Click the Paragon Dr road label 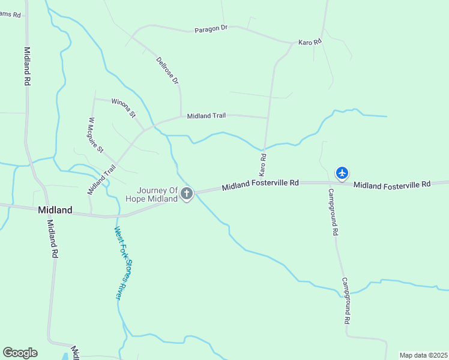pyautogui.click(x=211, y=29)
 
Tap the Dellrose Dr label pyautogui.click(x=167, y=70)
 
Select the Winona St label pyautogui.click(x=124, y=107)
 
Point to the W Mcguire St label pyautogui.click(x=96, y=134)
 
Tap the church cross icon pyautogui.click(x=187, y=193)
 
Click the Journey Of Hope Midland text pyautogui.click(x=152, y=194)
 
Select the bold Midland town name pyautogui.click(x=55, y=210)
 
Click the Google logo pyautogui.click(x=20, y=353)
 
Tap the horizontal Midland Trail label pyautogui.click(x=206, y=116)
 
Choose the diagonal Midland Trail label pyautogui.click(x=101, y=179)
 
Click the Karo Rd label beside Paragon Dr pyautogui.click(x=310, y=42)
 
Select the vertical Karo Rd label pyautogui.click(x=262, y=164)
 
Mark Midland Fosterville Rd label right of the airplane pyautogui.click(x=392, y=184)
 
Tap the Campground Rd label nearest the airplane pyautogui.click(x=333, y=211)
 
